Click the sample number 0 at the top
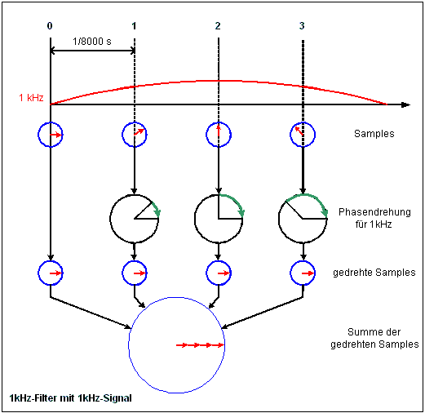(50, 26)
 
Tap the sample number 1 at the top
(134, 26)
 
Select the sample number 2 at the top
(218, 26)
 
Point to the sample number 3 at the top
(302, 26)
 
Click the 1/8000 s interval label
(91, 42)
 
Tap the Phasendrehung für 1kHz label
(365, 217)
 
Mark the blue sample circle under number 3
(302, 133)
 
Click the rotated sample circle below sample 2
(218, 272)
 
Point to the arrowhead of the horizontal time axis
(405, 104)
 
